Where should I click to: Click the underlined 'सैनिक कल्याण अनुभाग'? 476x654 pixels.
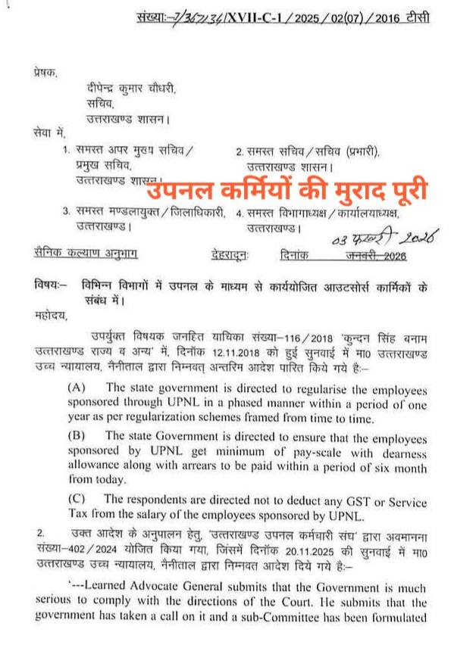click(x=88, y=255)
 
